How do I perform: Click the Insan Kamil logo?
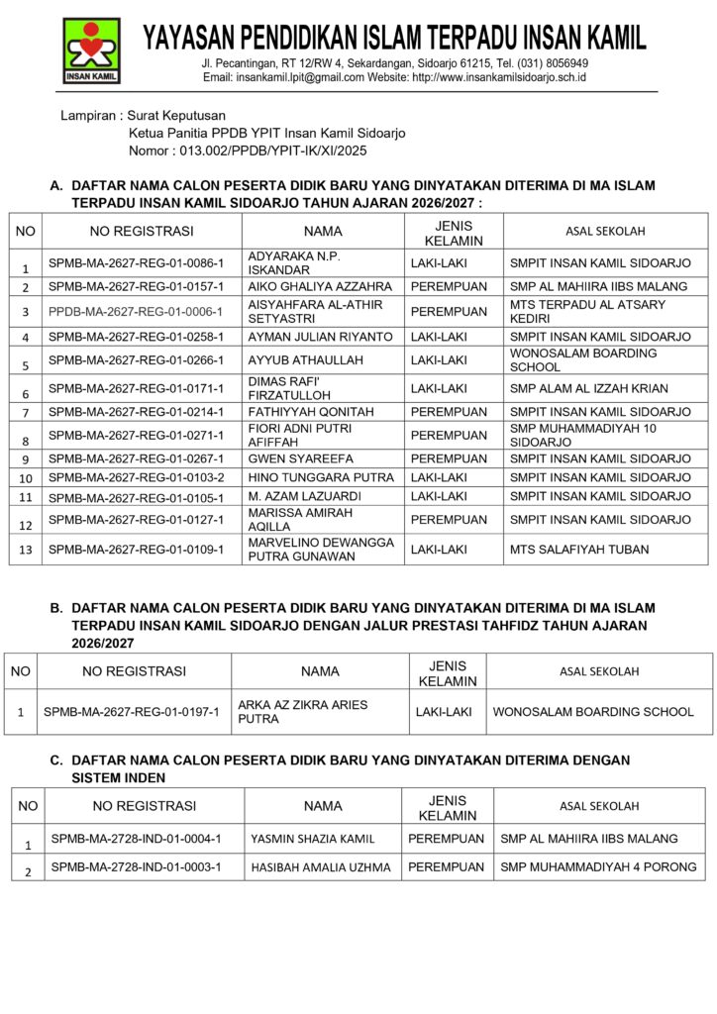[x=92, y=51]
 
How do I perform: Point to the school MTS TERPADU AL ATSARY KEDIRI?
[x=587, y=311]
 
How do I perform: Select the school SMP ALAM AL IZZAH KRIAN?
[x=588, y=388]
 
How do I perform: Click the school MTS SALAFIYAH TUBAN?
[x=579, y=549]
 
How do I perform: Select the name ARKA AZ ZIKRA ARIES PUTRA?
[x=303, y=712]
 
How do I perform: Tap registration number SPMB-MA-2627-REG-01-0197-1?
[x=131, y=712]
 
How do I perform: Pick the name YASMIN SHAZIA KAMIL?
[x=313, y=839]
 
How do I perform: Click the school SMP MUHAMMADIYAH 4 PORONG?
[x=598, y=867]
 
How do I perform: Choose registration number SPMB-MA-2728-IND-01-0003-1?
[x=136, y=867]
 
